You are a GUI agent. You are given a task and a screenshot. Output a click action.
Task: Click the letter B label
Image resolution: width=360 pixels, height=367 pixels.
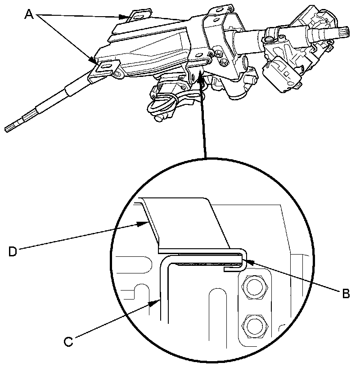pos(346,294)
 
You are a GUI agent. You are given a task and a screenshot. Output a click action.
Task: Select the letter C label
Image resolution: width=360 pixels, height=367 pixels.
pos(68,341)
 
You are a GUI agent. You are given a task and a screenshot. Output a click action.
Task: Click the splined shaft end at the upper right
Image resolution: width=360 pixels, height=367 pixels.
pos(346,31)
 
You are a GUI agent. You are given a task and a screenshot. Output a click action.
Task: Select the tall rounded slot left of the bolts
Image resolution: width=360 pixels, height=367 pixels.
pos(216,315)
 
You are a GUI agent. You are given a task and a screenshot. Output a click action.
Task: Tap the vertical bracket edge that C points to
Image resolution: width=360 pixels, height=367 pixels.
pos(163,297)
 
